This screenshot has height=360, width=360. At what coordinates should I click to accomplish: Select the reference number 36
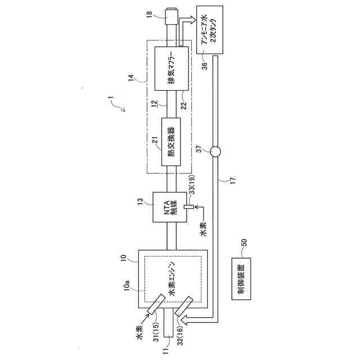(204, 65)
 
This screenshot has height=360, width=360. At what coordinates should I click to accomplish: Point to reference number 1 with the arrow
(112, 102)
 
